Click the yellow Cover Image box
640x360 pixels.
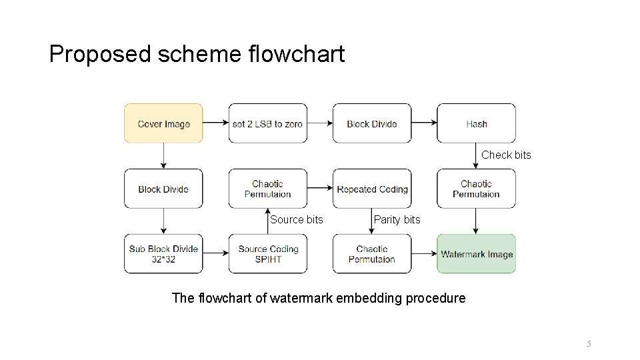pos(163,123)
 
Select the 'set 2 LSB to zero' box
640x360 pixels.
pos(268,123)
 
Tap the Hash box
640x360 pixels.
pos(476,123)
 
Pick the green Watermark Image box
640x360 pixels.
pos(476,254)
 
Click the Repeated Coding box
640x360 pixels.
pos(372,189)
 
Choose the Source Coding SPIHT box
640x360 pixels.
pos(268,254)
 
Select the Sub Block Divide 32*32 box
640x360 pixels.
pos(163,254)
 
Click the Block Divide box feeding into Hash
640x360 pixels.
pos(372,123)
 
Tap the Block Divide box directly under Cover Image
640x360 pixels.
pos(163,189)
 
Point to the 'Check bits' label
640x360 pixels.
pos(506,155)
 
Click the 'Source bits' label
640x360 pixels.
pos(296,219)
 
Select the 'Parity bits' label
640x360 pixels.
pos(397,219)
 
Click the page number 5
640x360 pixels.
pos(589,343)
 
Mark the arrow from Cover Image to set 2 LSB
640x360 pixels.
pos(215,123)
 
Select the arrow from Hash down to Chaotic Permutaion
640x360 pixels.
pos(476,155)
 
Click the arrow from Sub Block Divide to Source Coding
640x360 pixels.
pos(215,254)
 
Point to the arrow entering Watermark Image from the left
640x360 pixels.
pos(423,254)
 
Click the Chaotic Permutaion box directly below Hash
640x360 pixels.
pos(476,189)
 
